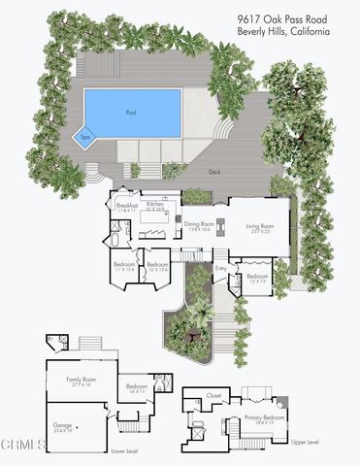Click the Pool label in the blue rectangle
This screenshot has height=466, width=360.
click(x=132, y=113)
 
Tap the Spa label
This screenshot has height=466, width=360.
click(x=85, y=139)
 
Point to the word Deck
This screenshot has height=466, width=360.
click(x=214, y=171)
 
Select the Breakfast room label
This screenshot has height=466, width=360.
click(x=127, y=206)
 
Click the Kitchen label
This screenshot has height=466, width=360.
click(x=154, y=206)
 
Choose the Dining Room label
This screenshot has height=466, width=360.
click(x=198, y=225)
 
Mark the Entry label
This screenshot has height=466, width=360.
click(x=220, y=268)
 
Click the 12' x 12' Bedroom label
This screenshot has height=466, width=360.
click(x=256, y=277)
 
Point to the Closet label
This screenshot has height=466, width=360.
click(x=213, y=396)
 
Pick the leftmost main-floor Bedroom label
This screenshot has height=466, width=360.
click(x=124, y=263)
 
